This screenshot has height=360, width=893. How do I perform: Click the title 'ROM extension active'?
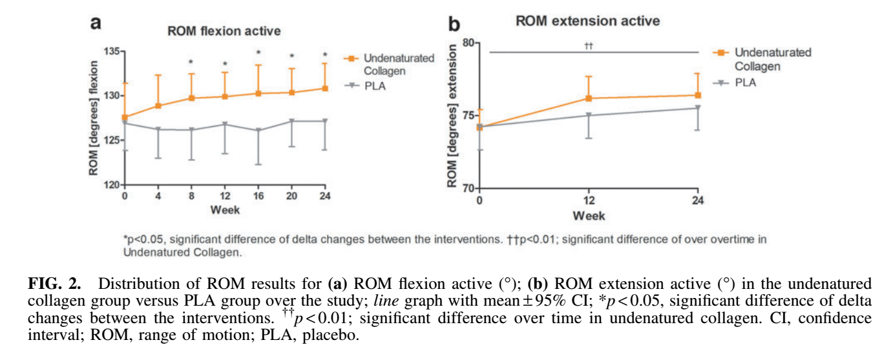[x=587, y=21]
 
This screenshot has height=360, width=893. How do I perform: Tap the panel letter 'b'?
[x=454, y=24]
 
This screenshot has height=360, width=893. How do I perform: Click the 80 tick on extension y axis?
[x=467, y=43]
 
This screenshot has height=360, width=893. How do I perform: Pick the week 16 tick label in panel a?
[x=258, y=196]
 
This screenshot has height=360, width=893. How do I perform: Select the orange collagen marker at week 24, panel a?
[x=325, y=88]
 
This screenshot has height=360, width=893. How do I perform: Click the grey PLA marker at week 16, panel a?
[x=258, y=130]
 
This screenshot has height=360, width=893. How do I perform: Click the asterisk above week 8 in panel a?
[x=191, y=63]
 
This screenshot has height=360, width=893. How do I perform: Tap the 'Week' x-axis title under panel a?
[x=224, y=210]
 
